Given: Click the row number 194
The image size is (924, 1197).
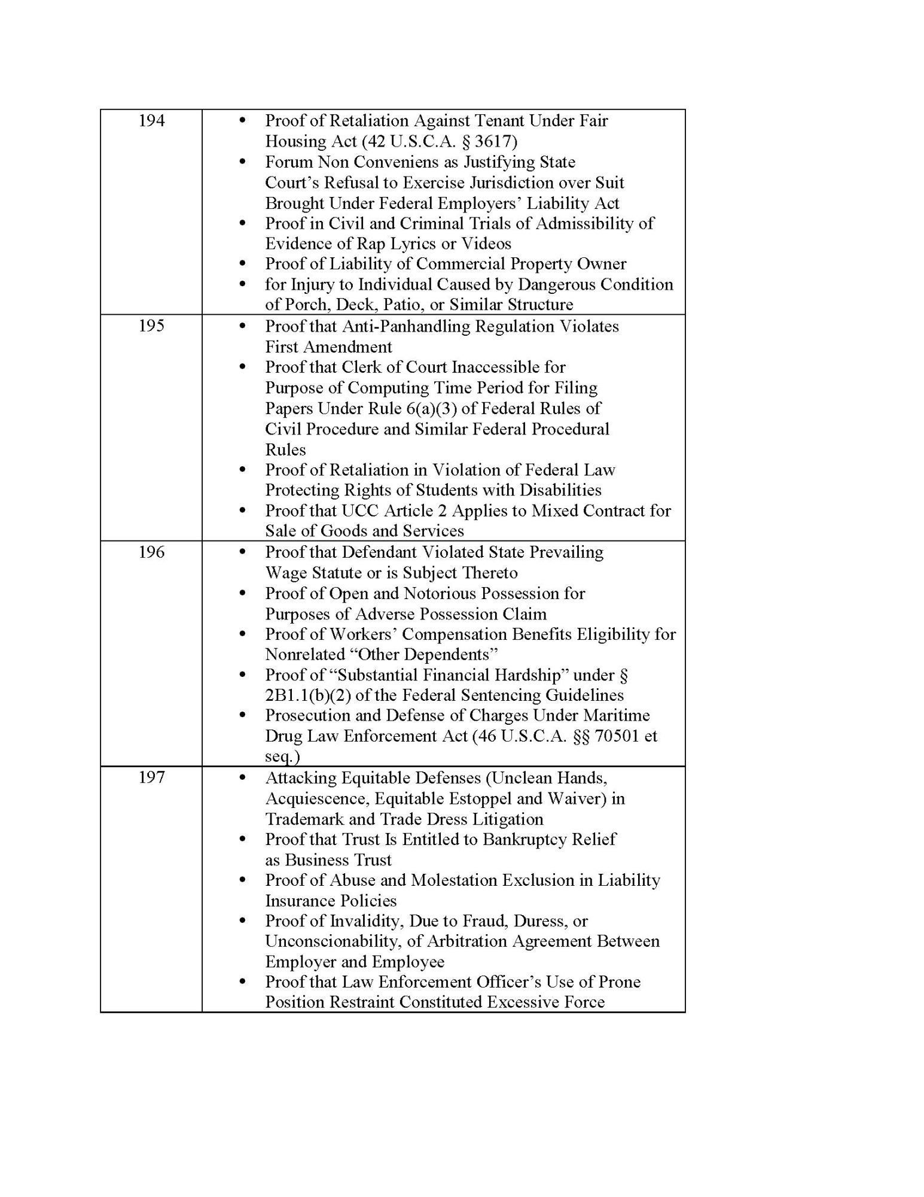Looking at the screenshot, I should pos(151,121).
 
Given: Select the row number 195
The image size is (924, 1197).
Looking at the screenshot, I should pos(151,326).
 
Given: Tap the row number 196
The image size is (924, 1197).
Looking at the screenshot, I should pos(151,552).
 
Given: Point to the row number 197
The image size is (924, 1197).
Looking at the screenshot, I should pos(151,777).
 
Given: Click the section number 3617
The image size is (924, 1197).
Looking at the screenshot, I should pos(496,141).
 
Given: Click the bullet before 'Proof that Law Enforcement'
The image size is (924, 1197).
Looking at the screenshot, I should pos(242,982).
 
